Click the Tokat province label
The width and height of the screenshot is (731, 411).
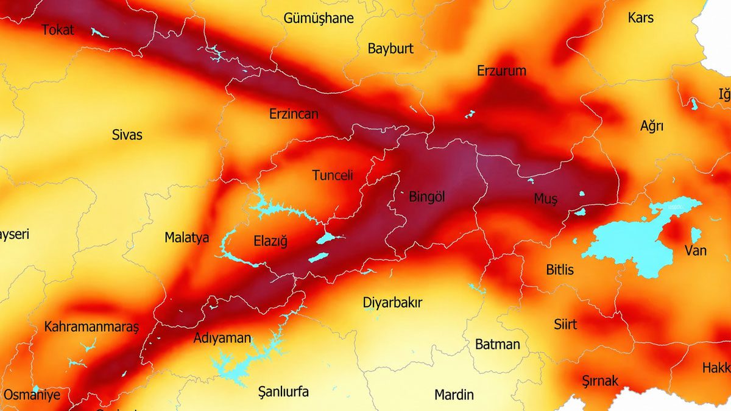pos(58,29)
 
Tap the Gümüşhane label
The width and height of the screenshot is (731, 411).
pos(318,18)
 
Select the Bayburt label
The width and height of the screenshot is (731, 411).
pos(390,49)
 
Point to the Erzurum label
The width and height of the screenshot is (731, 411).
pos(501,71)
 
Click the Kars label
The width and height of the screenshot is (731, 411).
pos(640,18)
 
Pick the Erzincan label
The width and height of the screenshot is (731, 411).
pos(294,114)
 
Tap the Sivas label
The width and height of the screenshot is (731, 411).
pos(127,135)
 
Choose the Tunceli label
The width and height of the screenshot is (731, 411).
pos(332,175)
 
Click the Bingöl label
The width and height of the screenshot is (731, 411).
pos(426,197)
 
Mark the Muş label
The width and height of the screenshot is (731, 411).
pos(545,198)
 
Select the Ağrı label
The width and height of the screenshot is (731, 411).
pos(651,127)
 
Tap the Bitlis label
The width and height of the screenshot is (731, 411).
pos(559,269)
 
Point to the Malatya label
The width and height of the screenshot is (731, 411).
pos(186,238)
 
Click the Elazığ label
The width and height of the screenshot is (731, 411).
pos(270,242)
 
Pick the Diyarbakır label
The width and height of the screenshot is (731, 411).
pos(392,303)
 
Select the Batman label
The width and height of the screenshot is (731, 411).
pos(497,344)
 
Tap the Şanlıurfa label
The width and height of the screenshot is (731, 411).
pos(283,392)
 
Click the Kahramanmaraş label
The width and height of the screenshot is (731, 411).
pos(91,327)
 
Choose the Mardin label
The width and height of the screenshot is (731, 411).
pos(453,395)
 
